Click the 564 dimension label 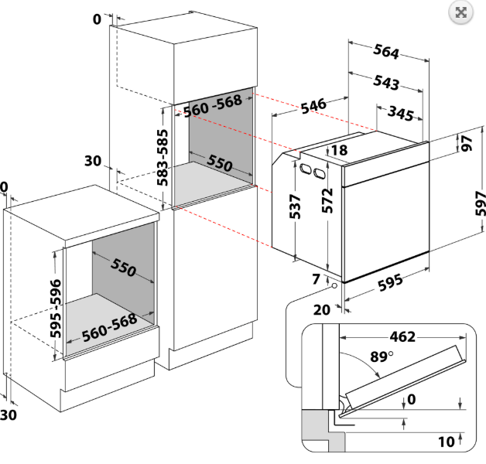386,52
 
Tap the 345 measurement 401,113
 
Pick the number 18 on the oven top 339,150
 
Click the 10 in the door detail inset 446,442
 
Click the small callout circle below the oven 334,285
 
